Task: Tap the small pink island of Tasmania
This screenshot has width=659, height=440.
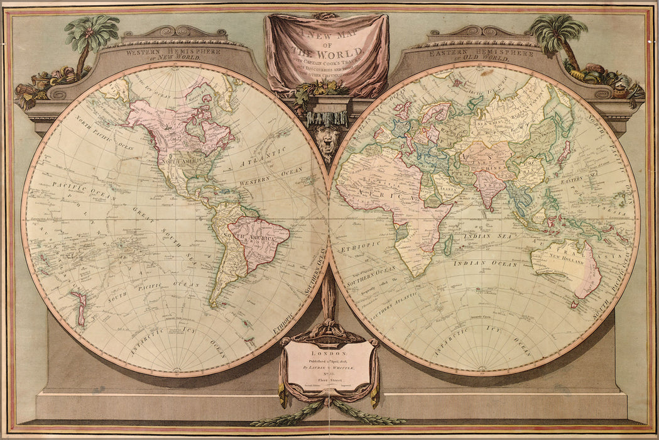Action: [x=573, y=304]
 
